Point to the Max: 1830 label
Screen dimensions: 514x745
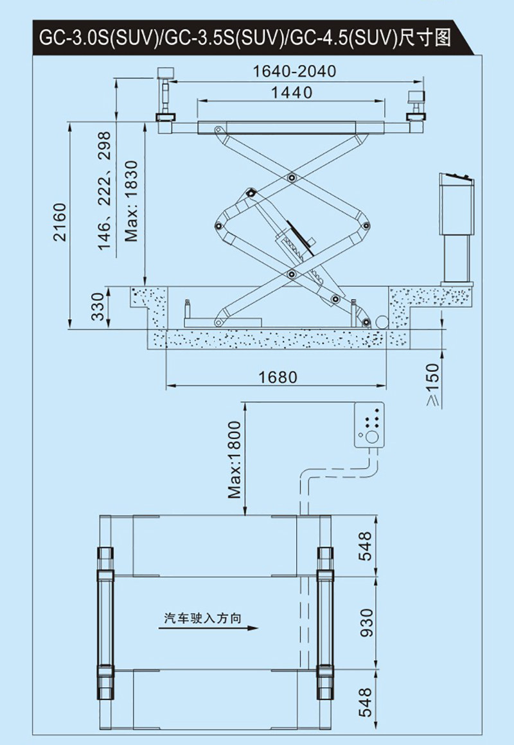click(x=132, y=200)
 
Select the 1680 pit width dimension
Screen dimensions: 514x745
click(x=278, y=377)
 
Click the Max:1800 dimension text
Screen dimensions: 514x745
click(x=235, y=459)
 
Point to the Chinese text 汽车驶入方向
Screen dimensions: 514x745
click(x=202, y=618)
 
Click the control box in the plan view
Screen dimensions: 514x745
click(x=369, y=425)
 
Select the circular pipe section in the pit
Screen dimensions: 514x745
click(x=380, y=321)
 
